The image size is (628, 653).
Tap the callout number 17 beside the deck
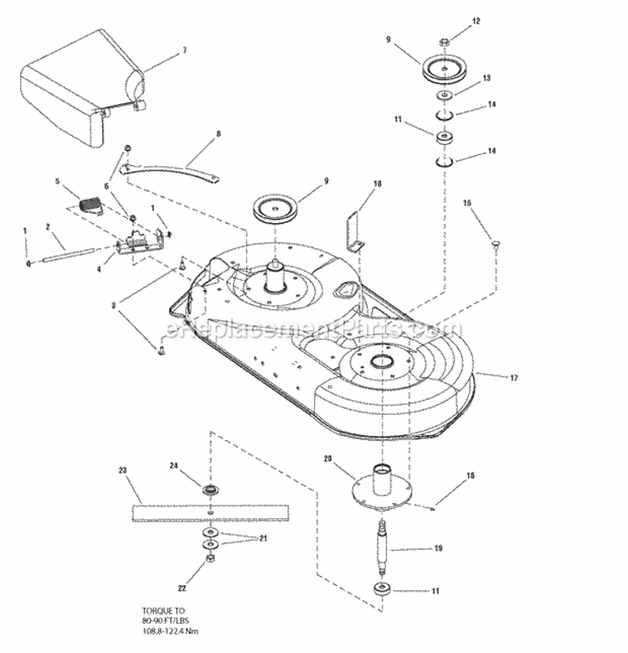coord(513,378)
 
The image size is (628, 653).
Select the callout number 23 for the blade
coord(123,471)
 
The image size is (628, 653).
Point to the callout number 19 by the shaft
coord(438,550)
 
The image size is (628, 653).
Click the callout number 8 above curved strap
coord(218,134)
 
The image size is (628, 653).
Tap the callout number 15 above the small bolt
coord(468,202)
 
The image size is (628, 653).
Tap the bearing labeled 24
coord(208,489)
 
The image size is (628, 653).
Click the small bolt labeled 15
coord(497,244)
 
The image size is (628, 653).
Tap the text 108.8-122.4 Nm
coord(171,630)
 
